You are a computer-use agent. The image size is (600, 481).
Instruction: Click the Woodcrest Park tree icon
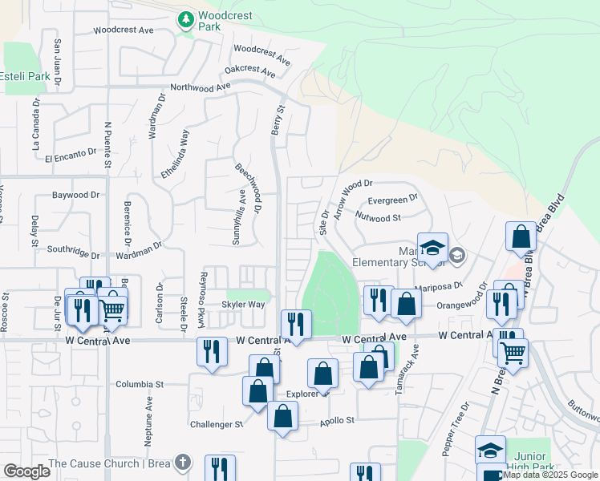[186, 18]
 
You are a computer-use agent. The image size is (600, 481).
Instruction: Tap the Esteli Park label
[26, 77]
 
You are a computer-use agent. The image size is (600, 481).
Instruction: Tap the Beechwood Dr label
[249, 189]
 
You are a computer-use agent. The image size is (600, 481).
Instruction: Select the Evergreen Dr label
[392, 199]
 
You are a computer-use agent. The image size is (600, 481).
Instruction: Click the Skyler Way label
[243, 305]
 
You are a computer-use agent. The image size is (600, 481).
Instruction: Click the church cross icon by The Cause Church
[183, 463]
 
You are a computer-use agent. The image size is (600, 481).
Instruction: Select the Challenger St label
[216, 423]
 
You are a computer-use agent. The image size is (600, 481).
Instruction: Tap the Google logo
[26, 471]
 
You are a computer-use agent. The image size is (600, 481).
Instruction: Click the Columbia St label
[140, 384]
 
